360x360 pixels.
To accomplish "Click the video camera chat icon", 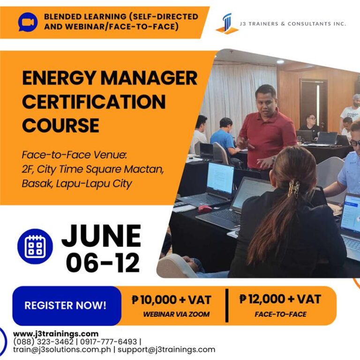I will pyautogui.click(x=28, y=22).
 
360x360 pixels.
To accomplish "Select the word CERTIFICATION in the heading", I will pyautogui.click(x=94, y=101).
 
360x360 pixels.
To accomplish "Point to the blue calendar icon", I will pyautogui.click(x=35, y=246).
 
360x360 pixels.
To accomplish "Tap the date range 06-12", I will pyautogui.click(x=103, y=263).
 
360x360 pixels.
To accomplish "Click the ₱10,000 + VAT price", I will pyautogui.click(x=171, y=300).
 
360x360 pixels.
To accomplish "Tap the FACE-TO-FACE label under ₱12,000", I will pyautogui.click(x=281, y=314).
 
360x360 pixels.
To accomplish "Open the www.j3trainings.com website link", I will pyautogui.click(x=55, y=334).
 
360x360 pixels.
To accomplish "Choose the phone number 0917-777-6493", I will pyautogui.click(x=108, y=342).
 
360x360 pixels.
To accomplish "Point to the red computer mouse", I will pyautogui.click(x=204, y=209).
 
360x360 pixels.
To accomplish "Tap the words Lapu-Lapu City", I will pyautogui.click(x=94, y=183).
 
